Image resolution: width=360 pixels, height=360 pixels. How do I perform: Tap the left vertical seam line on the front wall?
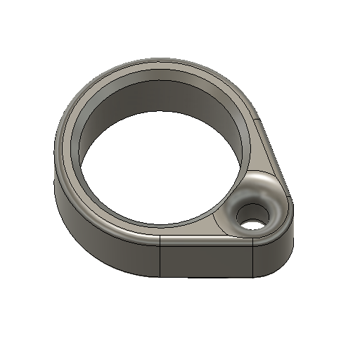point(161,257)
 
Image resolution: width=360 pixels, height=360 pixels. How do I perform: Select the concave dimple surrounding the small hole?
point(266,197)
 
